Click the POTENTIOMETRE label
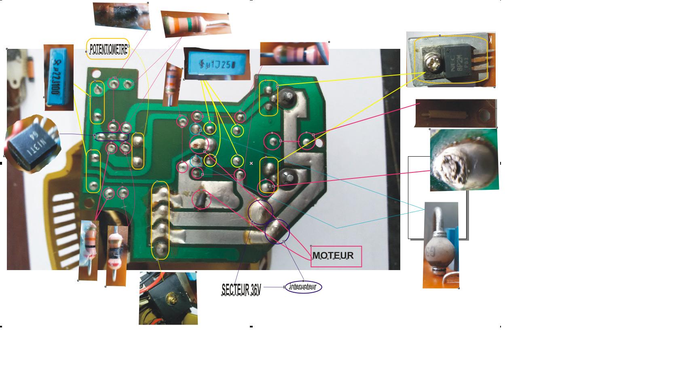tap(108, 48)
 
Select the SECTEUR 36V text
tap(241, 289)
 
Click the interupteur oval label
tap(303, 287)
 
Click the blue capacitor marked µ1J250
tap(216, 64)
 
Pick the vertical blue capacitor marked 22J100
tap(59, 78)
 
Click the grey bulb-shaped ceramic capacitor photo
tap(440, 245)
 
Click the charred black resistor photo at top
tap(122, 16)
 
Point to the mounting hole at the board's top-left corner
tap(97, 74)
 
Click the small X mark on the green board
tap(251, 163)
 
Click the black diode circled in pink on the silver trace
tap(201, 199)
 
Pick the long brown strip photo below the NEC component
tap(456, 113)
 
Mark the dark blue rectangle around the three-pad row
tap(111, 137)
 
